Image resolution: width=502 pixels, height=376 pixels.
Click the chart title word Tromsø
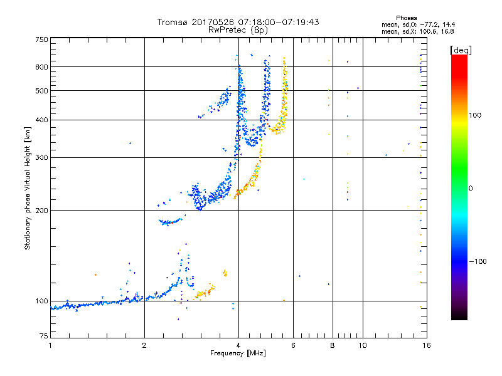click(x=171, y=22)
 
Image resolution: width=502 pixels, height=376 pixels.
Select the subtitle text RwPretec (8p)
click(x=239, y=29)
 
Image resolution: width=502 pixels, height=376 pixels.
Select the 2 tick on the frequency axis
click(x=144, y=345)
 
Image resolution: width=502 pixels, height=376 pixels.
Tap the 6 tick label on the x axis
click(x=293, y=345)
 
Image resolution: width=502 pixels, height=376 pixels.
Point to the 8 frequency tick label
click(x=333, y=345)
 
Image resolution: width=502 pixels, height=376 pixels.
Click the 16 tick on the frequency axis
click(x=426, y=345)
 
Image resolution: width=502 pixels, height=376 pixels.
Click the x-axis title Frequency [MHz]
click(x=238, y=353)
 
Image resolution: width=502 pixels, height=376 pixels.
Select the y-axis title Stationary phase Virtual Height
click(x=28, y=188)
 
